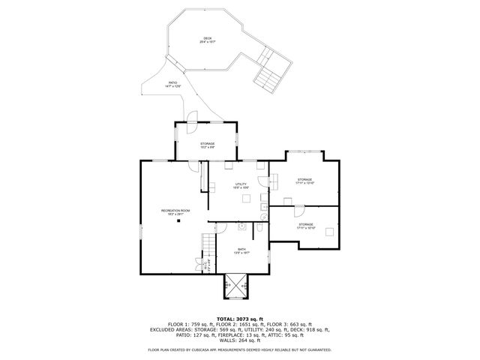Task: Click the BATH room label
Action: click(241, 250)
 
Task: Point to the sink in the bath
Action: click(243, 225)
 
